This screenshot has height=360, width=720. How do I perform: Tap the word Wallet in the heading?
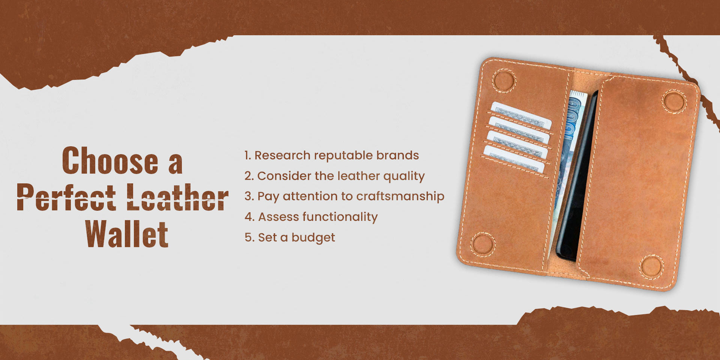click(127, 234)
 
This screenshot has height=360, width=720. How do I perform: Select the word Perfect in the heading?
click(66, 197)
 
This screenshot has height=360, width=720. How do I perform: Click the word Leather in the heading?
click(177, 197)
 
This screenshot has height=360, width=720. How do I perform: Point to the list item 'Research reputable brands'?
click(331, 155)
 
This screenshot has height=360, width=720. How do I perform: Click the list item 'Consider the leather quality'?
click(334, 176)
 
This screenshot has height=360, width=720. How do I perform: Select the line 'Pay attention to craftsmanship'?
click(344, 196)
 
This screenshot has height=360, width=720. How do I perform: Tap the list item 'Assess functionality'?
click(311, 217)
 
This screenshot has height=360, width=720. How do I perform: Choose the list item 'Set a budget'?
click(289, 237)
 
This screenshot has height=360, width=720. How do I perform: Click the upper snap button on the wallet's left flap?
click(504, 81)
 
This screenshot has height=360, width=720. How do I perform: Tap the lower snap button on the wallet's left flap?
click(483, 244)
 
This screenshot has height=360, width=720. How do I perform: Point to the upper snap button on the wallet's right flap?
click(674, 101)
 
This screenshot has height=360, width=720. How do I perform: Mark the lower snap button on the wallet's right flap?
click(651, 266)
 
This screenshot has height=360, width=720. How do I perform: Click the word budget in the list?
click(313, 238)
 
